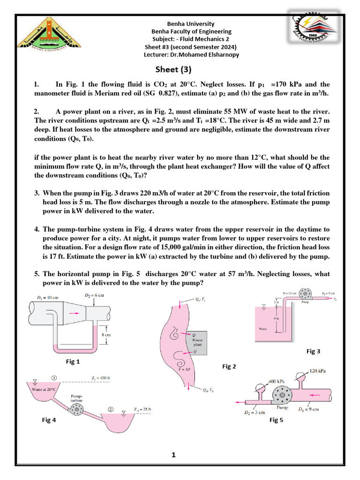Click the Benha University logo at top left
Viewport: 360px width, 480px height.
(45, 33)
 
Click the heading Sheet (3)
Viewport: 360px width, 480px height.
(173, 70)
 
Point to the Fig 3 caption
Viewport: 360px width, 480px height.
(314, 351)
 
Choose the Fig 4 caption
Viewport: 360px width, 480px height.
(48, 420)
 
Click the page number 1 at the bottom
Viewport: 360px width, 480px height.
(173, 455)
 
